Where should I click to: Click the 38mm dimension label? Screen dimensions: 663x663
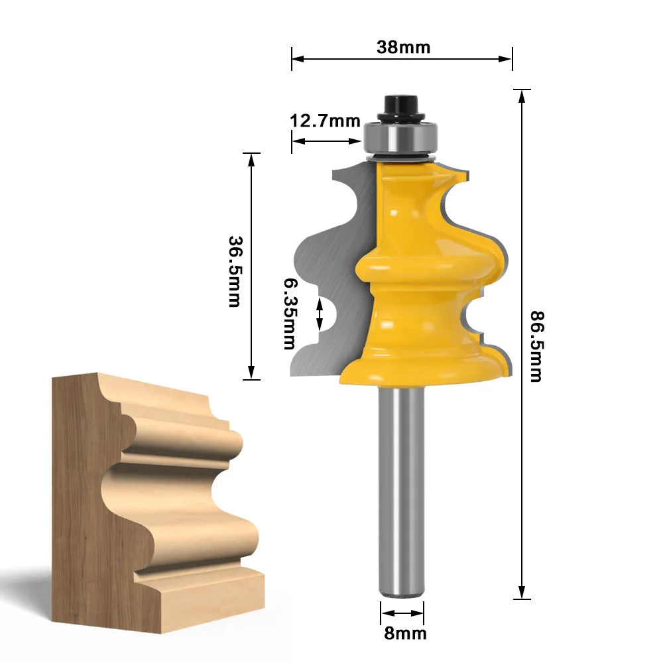403,47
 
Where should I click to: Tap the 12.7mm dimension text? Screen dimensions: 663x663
324,121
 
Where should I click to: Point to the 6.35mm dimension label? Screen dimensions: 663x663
290,313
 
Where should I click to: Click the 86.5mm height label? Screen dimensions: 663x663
535,345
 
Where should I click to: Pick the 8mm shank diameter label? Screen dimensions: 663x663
405,633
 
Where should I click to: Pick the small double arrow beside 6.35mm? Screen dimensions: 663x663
320,314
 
